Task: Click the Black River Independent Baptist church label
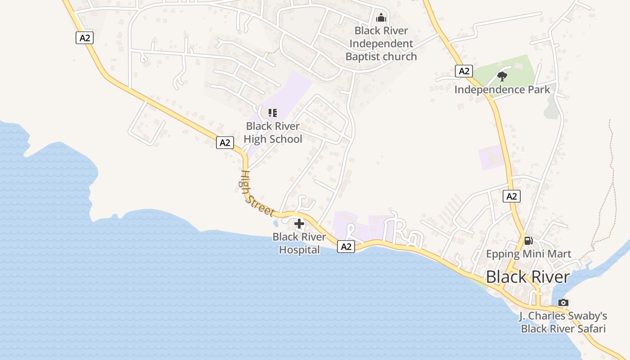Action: [381, 44]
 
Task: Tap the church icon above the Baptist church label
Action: [381, 18]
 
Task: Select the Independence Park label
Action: [502, 90]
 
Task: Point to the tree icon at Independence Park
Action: [502, 76]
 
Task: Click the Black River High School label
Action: [273, 133]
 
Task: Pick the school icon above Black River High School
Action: [273, 112]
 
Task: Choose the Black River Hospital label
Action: [299, 243]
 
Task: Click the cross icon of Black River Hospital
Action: [299, 224]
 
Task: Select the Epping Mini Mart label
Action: [528, 254]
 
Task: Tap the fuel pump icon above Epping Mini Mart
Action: [528, 241]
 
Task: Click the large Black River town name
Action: [528, 277]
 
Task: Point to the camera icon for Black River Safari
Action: [563, 302]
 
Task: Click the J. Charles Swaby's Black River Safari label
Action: [563, 322]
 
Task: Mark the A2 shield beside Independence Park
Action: [464, 71]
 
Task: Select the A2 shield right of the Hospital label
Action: [346, 247]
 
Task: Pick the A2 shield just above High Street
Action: [225, 143]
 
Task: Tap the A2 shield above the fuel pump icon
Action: [512, 196]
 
